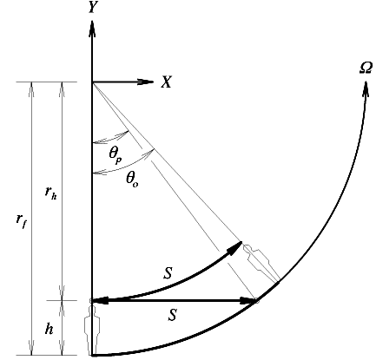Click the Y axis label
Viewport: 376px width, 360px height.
pos(92,7)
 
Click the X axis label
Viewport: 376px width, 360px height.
pos(167,82)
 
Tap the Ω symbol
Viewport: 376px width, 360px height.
pos(366,69)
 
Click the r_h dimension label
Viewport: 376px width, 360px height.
pos(50,193)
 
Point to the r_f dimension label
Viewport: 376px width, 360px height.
pos(22,221)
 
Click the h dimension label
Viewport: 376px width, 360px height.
pos(49,329)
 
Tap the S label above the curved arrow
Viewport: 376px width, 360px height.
pos(168,273)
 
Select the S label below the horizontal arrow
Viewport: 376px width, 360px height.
pos(172,315)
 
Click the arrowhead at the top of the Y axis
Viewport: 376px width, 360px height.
pos(92,29)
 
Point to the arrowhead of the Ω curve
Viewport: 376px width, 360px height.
pos(366,89)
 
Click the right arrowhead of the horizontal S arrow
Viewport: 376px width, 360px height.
pos(248,301)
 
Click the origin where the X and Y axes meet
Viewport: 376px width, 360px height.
pos(92,82)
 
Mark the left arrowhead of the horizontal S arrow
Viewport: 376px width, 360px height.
pos(100,301)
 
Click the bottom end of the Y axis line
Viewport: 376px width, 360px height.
pos(92,355)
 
